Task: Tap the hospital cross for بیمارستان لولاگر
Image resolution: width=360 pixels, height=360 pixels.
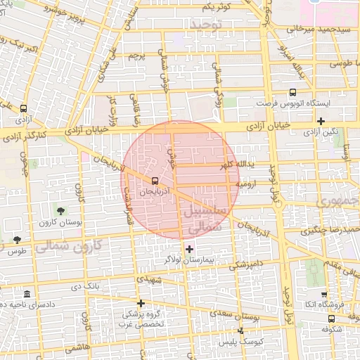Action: point(189,248)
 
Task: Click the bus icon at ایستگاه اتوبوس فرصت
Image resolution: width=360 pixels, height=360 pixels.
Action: point(292,91)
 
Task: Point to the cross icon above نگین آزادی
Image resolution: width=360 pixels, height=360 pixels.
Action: point(321,121)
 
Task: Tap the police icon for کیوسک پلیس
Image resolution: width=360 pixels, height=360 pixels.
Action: point(241,330)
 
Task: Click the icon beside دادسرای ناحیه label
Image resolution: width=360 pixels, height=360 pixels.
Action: point(27,293)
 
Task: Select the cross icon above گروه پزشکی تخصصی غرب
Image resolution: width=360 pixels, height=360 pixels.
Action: point(141,304)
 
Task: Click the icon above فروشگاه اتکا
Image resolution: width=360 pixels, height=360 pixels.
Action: point(323,295)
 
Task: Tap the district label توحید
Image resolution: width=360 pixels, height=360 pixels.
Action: point(205,25)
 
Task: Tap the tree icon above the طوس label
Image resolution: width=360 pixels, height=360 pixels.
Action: point(17,240)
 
